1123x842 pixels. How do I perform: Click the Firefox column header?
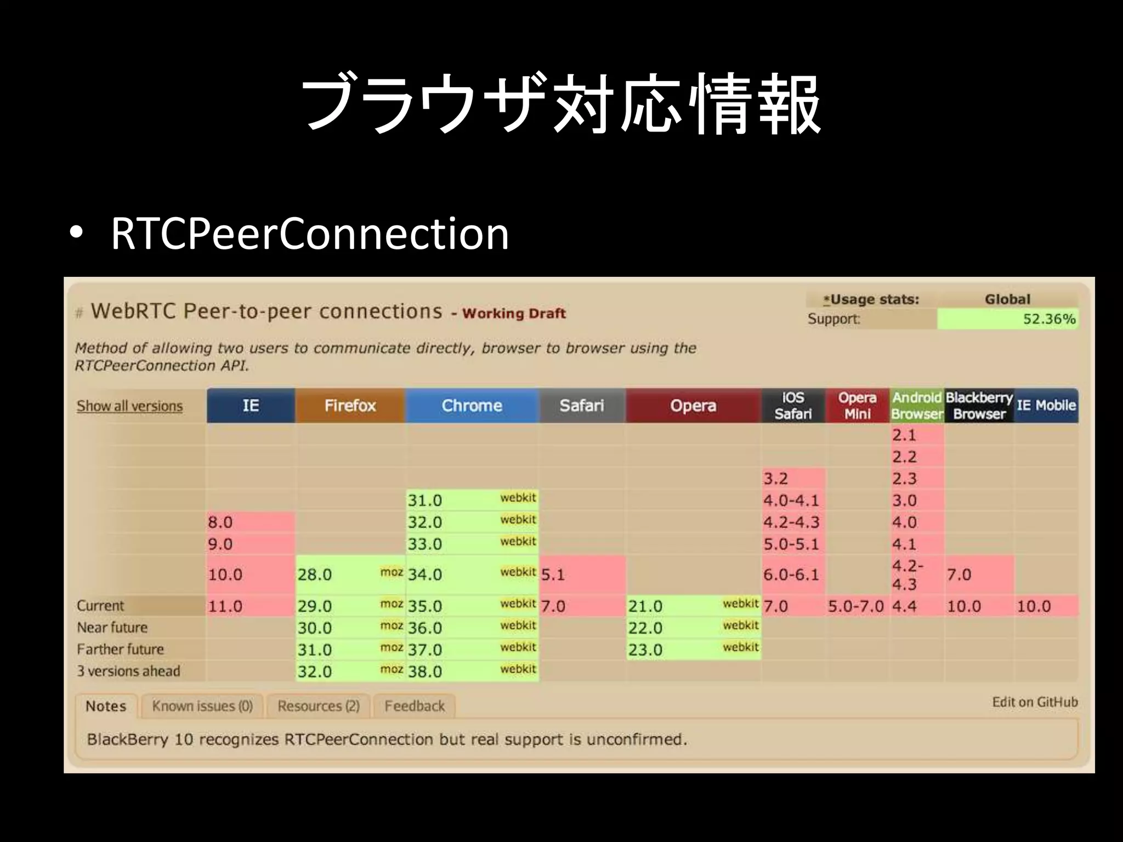pos(350,406)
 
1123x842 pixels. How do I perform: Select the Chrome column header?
pos(472,406)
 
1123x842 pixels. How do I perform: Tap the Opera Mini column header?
pos(857,406)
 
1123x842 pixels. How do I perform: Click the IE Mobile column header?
pos(1046,406)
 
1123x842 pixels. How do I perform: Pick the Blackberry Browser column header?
pos(979,406)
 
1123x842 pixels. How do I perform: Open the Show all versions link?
pos(129,406)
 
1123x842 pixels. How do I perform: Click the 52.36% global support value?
pos(1048,319)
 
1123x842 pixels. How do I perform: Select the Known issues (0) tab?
pos(202,706)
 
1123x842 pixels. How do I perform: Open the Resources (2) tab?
pos(318,706)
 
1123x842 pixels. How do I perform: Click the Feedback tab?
pos(415,706)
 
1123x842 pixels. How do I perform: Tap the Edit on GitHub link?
pos(1035,702)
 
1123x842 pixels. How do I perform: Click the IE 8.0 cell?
pos(251,522)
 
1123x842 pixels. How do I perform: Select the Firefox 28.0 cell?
pos(350,574)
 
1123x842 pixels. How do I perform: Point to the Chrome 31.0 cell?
pos(472,500)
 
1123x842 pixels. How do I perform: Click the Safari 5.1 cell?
pos(582,574)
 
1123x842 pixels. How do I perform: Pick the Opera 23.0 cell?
pos(693,650)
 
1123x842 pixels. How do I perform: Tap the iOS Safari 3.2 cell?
pos(793,479)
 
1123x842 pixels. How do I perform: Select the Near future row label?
pos(112,628)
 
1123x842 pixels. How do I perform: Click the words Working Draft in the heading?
pos(514,314)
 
